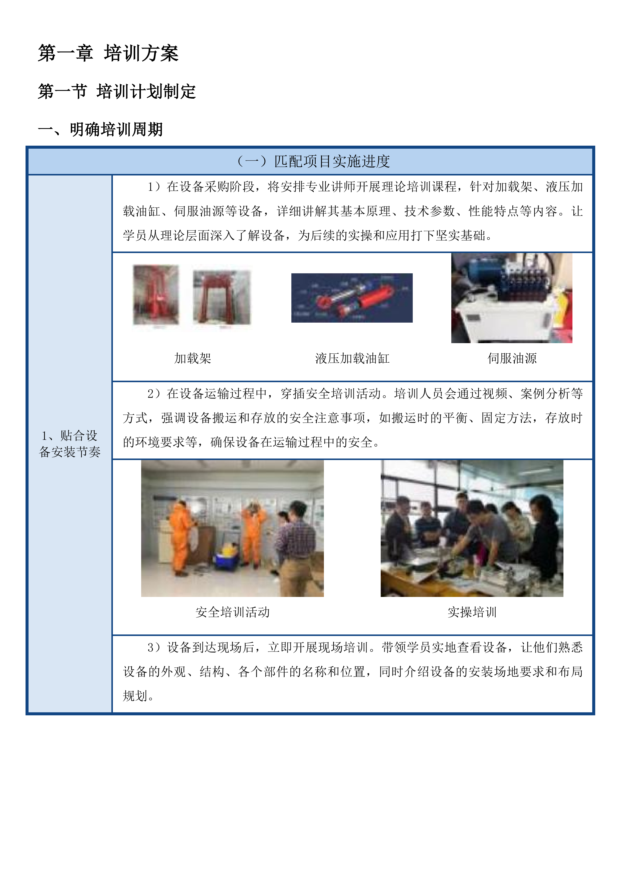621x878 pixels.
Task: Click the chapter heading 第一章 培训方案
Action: click(108, 53)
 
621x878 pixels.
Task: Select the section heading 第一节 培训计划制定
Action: click(117, 92)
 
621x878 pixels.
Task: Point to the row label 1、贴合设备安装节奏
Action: click(70, 444)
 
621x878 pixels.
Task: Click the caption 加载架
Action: click(192, 358)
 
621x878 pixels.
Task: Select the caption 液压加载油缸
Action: click(352, 358)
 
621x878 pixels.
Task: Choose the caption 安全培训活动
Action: click(233, 612)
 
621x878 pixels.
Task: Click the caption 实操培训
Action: click(472, 612)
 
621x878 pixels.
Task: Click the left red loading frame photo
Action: click(156, 294)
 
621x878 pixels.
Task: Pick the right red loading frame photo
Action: click(222, 297)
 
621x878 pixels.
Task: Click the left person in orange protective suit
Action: click(181, 535)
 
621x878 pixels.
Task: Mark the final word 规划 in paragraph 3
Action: click(135, 696)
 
